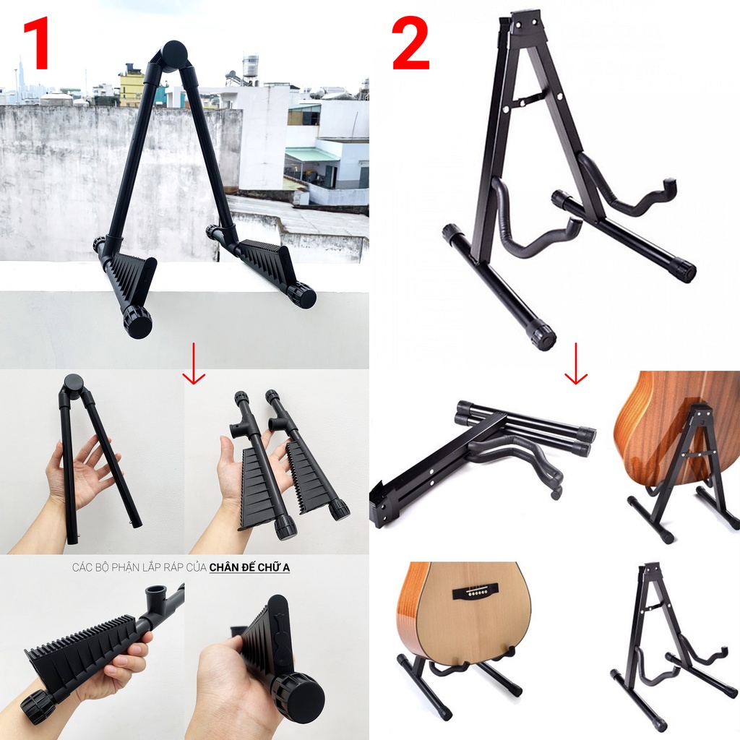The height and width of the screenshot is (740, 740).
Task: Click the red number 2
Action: point(410,46)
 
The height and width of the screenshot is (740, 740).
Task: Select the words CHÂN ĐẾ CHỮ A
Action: point(249,567)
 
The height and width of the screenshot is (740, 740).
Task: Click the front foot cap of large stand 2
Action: point(543,335)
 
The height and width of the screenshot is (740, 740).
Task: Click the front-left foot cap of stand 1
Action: point(138,323)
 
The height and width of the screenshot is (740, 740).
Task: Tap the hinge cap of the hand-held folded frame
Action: point(72,382)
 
